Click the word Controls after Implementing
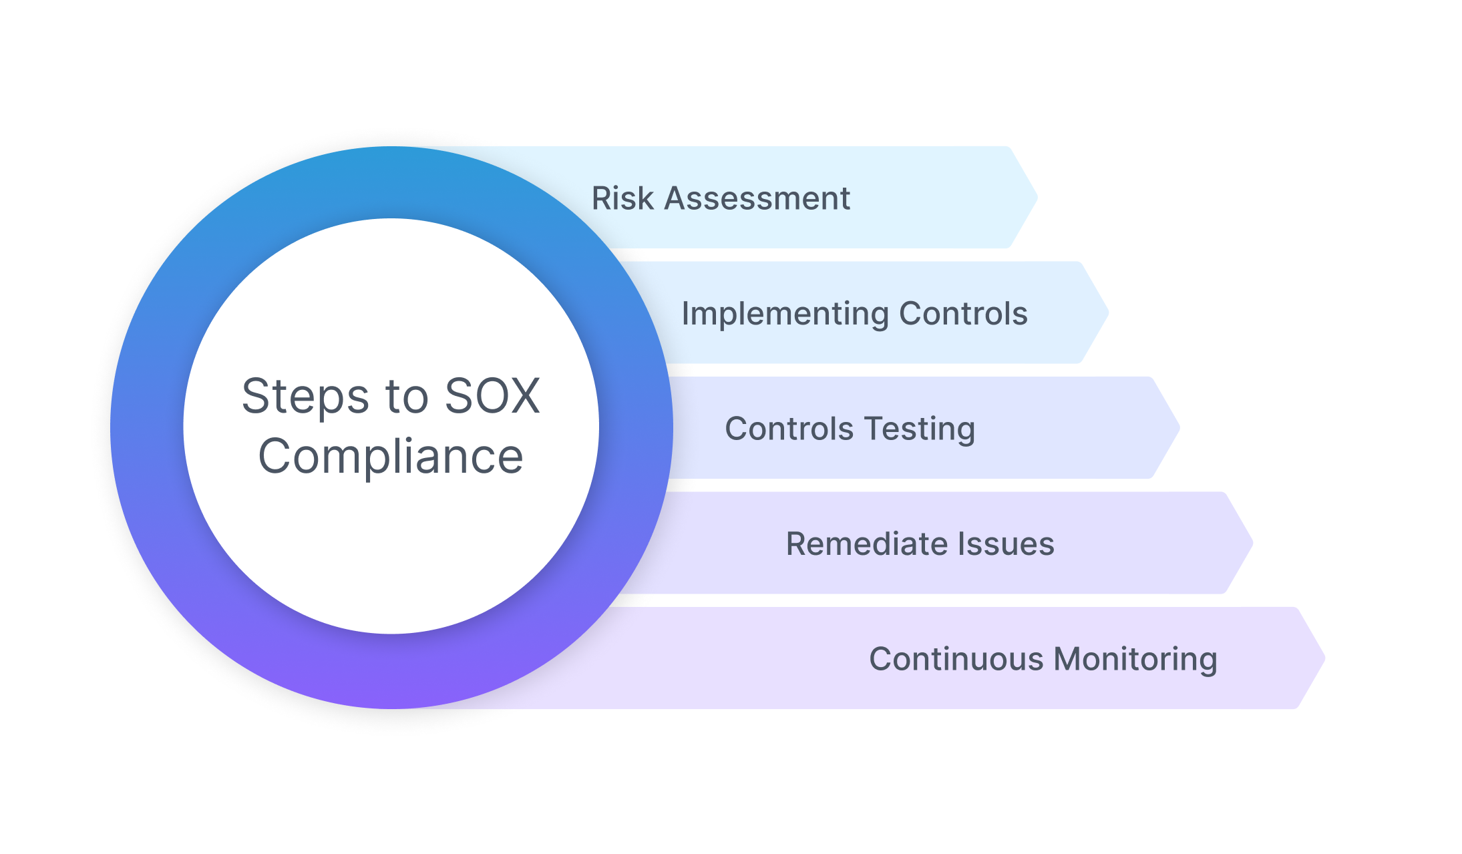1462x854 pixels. click(963, 313)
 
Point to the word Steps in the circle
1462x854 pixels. click(305, 397)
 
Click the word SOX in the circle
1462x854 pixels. click(492, 396)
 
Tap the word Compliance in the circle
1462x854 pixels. click(391, 457)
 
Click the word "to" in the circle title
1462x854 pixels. click(407, 398)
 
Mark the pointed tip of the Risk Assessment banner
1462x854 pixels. click(1037, 198)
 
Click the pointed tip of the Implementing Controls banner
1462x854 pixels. click(1109, 312)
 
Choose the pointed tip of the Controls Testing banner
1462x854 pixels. click(1180, 427)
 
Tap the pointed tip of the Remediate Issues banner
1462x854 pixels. click(1253, 543)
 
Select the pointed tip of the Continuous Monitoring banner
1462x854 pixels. click(1325, 658)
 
